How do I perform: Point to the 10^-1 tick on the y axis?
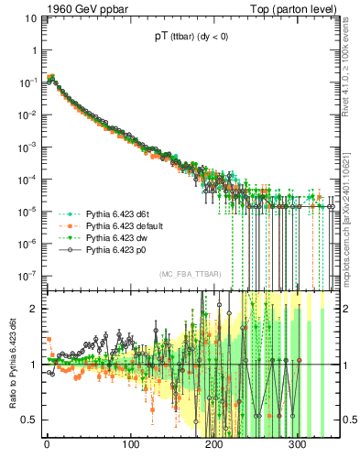click(29, 82)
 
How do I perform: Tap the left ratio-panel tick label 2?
click(35, 309)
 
